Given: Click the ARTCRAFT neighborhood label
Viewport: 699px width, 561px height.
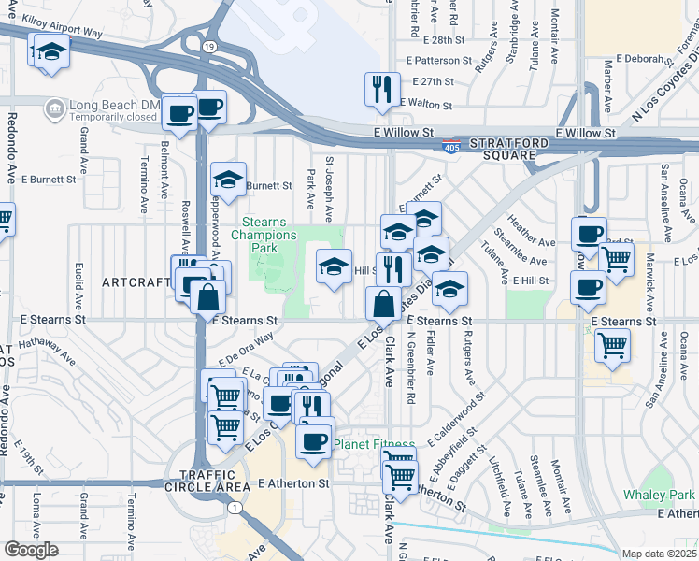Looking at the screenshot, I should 136,282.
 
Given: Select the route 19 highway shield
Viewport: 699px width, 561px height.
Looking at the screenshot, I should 207,46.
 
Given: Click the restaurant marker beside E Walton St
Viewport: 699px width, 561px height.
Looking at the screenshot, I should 382,89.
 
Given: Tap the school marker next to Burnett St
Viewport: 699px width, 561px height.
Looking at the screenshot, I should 228,179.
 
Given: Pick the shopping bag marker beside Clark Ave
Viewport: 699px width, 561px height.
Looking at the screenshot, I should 383,303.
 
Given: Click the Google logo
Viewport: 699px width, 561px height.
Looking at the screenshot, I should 31,550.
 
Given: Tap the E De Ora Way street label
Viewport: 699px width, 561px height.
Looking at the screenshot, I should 246,349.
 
